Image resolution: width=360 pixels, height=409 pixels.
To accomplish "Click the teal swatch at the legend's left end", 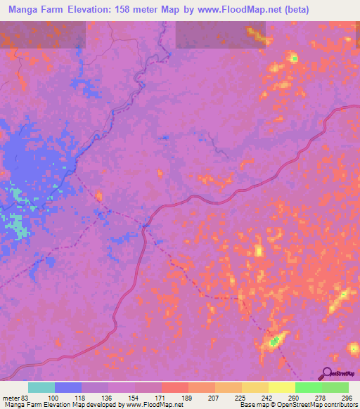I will [41, 387].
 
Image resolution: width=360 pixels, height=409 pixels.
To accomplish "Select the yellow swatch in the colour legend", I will [281, 387].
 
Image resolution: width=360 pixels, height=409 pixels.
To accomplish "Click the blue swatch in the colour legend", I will [68, 387].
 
